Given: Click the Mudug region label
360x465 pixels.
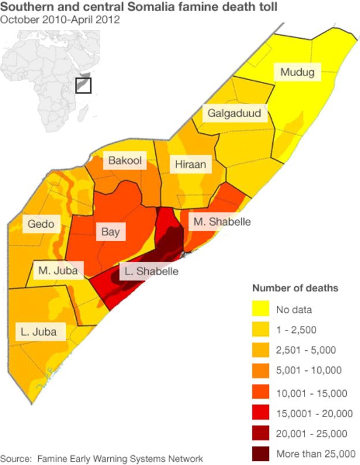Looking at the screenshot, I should [x=297, y=72].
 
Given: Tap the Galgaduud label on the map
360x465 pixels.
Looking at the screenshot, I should [x=234, y=113].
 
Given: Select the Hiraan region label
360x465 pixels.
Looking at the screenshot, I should [x=190, y=165].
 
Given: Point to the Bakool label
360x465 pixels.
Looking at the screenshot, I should [x=125, y=161].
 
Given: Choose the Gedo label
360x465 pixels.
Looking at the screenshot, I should [x=40, y=224].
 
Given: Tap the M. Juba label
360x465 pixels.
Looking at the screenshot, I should [x=58, y=269].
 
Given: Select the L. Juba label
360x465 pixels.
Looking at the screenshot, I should [x=40, y=331].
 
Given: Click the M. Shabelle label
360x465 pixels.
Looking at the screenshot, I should [x=222, y=221].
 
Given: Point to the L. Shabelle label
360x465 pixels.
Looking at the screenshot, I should [x=152, y=271].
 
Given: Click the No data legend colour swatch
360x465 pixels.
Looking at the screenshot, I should [x=261, y=310].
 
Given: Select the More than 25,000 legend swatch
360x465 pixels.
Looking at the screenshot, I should [x=261, y=453].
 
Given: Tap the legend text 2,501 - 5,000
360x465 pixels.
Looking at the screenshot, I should [x=306, y=350].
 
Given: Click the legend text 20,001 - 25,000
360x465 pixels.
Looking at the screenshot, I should [x=312, y=433].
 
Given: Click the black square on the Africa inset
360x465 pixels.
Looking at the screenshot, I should [x=84, y=85].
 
